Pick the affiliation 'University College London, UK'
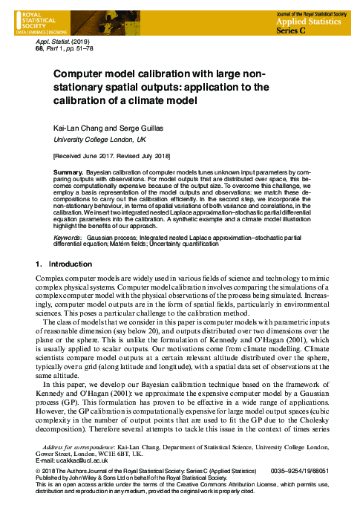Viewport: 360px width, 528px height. coord(99,140)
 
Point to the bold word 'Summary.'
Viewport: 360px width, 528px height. coord(68,172)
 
